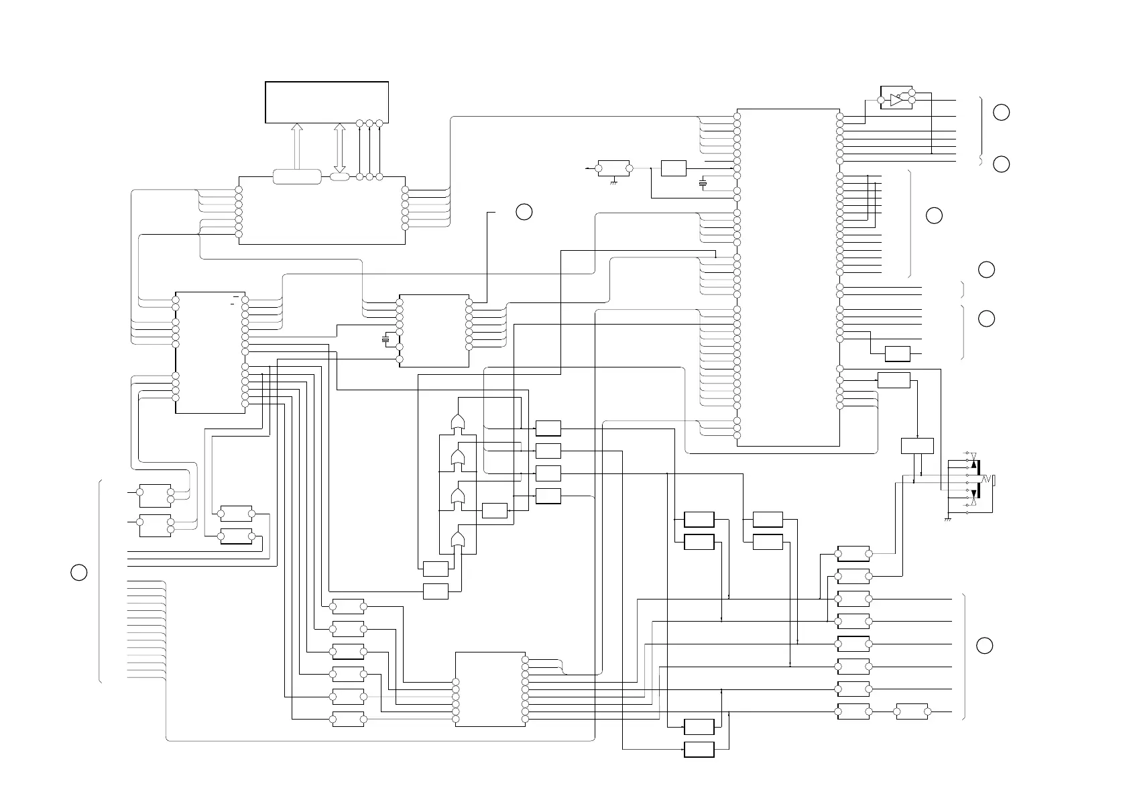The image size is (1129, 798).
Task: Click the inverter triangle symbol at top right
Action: point(897,101)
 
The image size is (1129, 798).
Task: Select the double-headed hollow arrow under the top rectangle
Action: point(339,148)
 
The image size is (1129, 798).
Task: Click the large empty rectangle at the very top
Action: point(326,102)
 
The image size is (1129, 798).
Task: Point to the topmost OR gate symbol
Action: point(459,422)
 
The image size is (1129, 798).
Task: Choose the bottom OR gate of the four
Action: point(459,540)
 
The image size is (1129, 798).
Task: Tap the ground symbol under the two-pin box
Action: point(613,182)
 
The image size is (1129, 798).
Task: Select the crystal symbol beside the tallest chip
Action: point(703,183)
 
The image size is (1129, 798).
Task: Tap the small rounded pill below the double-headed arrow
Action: point(339,176)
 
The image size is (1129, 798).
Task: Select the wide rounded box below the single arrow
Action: point(297,176)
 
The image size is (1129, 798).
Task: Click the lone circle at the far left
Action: point(78,572)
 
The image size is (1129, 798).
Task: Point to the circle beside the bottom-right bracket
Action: point(984,645)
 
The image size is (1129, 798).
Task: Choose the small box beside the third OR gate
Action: point(495,510)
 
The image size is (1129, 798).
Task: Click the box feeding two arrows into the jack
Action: point(917,446)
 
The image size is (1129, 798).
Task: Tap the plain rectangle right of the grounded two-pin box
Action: point(673,168)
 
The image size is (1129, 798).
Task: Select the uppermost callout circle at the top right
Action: point(1001,112)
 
